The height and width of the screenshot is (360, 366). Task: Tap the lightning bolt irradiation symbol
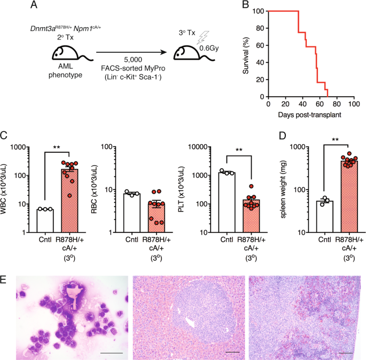click(202, 38)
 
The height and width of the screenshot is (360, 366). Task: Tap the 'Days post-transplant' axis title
click(310, 114)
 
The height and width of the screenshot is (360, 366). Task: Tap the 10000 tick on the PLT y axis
click(208, 146)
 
